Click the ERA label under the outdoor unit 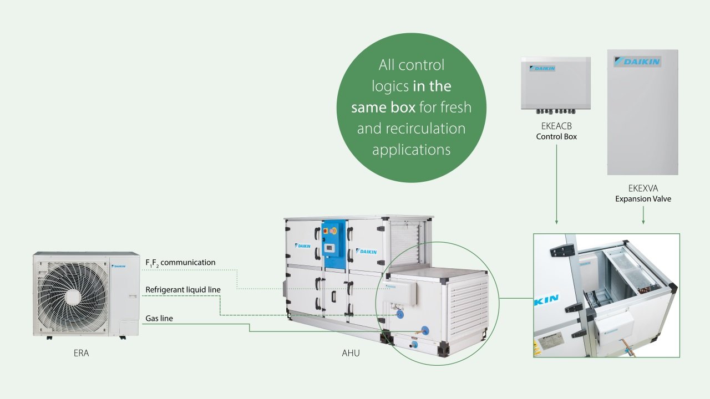click(x=81, y=353)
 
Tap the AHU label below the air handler click(x=351, y=353)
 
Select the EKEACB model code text click(x=556, y=126)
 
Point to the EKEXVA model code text click(x=643, y=188)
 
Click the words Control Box click(x=556, y=136)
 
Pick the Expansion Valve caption click(x=643, y=199)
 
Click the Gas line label click(x=159, y=318)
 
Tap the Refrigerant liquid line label click(x=183, y=290)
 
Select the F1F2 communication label click(x=180, y=263)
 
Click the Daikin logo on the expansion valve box click(x=637, y=62)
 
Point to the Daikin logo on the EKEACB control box click(x=542, y=68)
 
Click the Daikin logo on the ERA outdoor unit click(x=119, y=267)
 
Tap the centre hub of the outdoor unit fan click(x=73, y=297)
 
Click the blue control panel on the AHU click(x=333, y=243)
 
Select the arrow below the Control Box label click(x=556, y=185)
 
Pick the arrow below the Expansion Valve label click(x=643, y=216)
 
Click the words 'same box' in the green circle click(x=383, y=108)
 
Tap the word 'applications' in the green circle click(x=411, y=150)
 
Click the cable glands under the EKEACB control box click(x=555, y=111)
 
